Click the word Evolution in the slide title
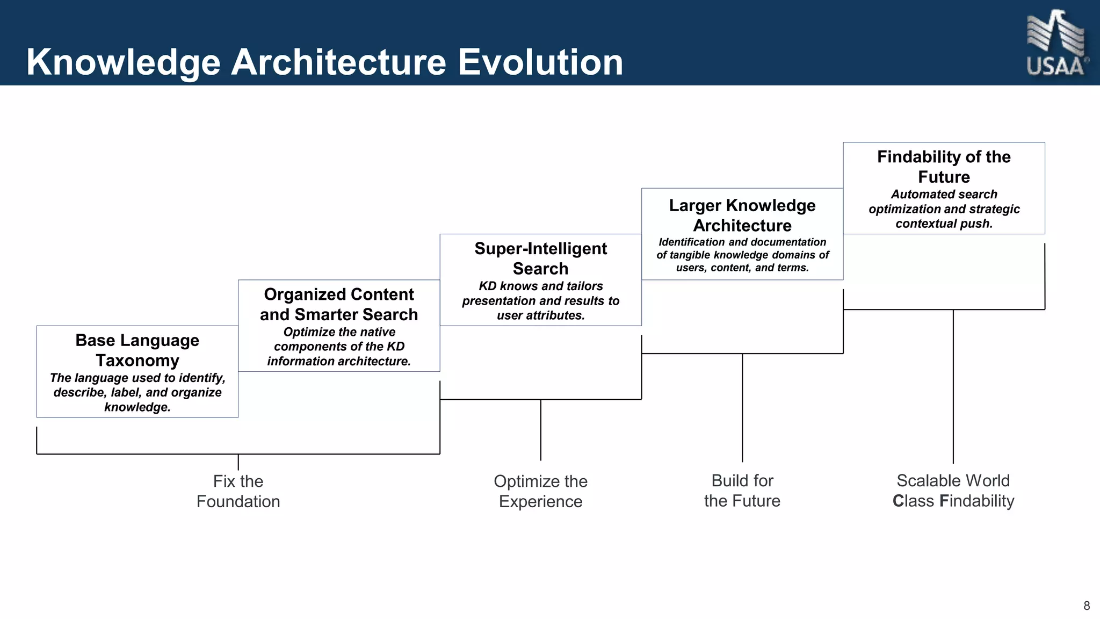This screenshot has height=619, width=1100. pos(540,62)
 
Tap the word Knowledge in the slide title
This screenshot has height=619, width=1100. pos(123,63)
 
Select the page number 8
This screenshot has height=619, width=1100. pos(1087,606)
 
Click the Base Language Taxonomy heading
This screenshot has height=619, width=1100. pos(137,350)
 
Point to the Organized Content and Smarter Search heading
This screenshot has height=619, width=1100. pos(339,304)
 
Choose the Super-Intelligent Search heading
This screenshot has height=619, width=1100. pos(540,258)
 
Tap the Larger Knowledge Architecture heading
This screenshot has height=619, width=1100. pos(742,215)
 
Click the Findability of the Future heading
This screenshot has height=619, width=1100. pos(944,167)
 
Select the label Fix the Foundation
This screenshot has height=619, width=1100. pos(238,491)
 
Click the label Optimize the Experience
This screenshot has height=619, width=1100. pos(540,491)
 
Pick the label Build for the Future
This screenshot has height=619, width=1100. pos(742,491)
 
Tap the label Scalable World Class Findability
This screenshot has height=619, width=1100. pos(953,491)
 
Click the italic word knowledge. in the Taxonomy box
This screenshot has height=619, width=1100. pos(137,407)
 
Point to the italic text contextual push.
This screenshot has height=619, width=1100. pos(944,224)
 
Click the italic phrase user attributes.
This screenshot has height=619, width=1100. pos(540,315)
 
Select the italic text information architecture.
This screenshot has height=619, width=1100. pos(339,361)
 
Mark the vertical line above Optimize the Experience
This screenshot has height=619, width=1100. pos(541,430)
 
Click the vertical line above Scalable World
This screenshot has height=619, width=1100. pos(953,387)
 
